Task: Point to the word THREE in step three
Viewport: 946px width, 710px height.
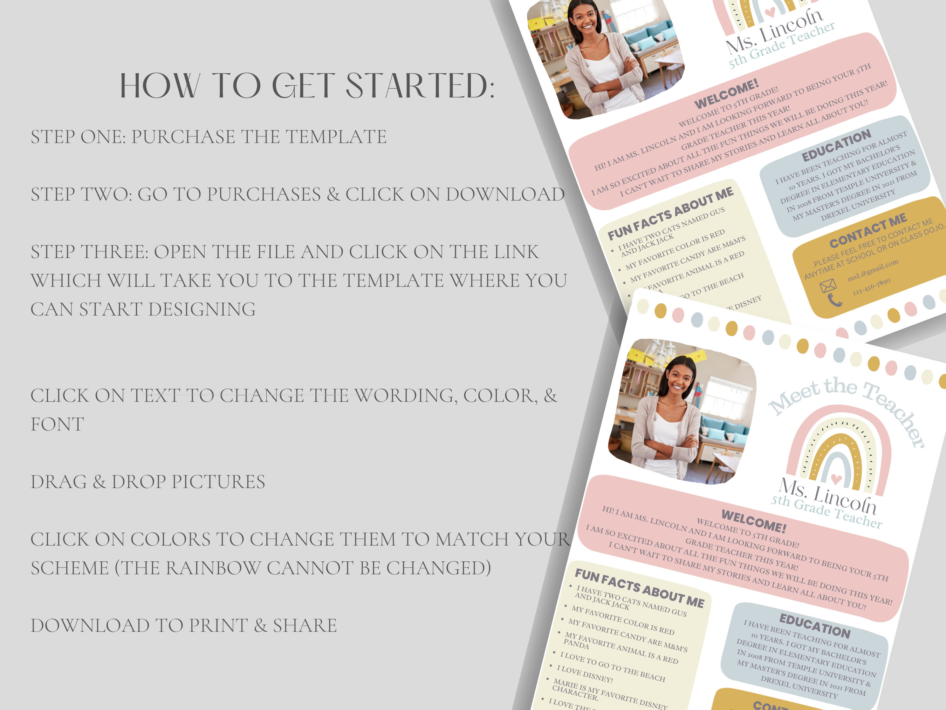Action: coord(115,252)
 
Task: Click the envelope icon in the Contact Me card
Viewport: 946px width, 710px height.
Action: coord(828,285)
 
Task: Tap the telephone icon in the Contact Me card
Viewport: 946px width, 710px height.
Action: coord(834,300)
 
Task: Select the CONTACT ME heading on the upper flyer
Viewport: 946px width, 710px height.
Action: coord(868,231)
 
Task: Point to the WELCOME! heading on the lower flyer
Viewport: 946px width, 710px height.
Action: coord(754,520)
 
